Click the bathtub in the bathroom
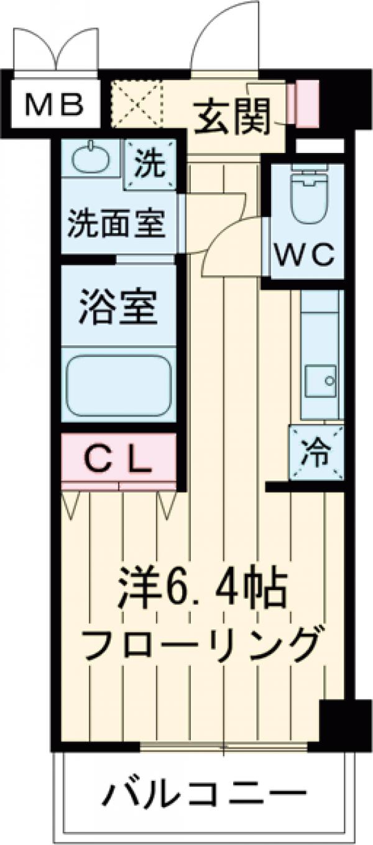click(x=118, y=385)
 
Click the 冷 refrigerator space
click(x=316, y=453)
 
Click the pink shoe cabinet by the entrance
click(x=303, y=103)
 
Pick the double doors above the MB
click(x=56, y=50)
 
